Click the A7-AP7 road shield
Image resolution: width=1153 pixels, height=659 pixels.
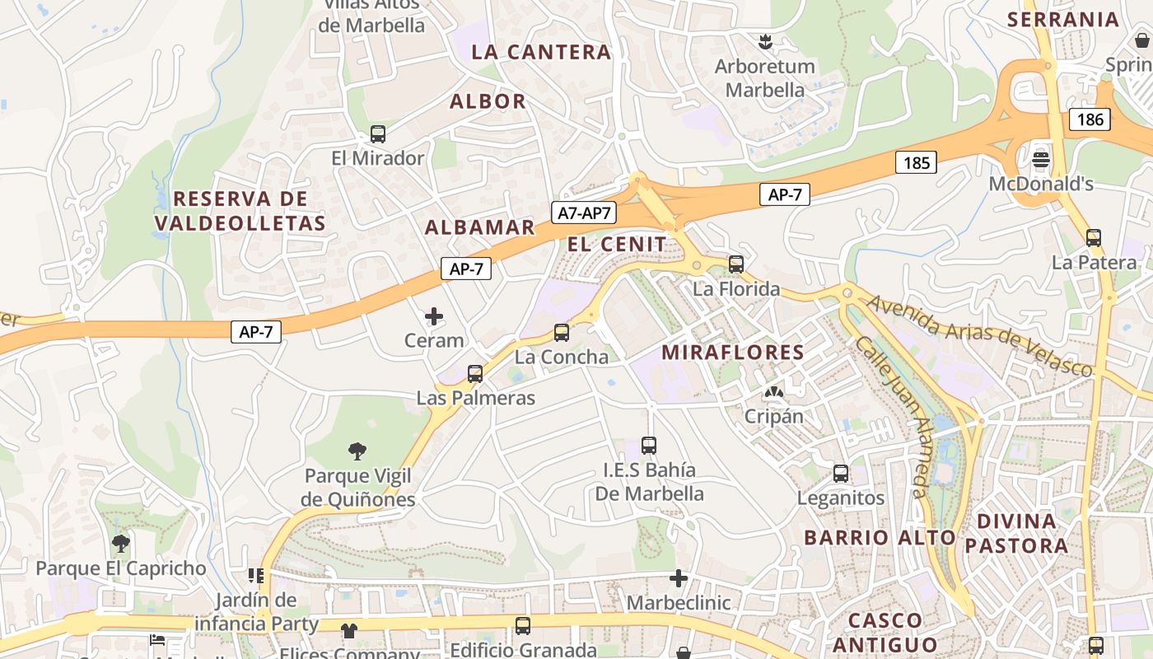coord(584,213)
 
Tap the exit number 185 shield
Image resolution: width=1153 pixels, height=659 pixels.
coord(916,162)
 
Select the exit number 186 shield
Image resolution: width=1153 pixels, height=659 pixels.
coord(1090,119)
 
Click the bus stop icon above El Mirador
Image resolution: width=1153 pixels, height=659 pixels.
coord(378,133)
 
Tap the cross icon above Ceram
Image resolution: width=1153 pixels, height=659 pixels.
coord(434,316)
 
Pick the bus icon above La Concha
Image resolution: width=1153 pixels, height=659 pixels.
coord(562,333)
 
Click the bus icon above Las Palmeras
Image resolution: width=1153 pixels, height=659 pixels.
coord(475,374)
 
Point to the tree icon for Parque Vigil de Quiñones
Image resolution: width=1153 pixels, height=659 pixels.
coord(357,451)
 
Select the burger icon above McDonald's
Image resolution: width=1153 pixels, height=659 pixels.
coord(1041,159)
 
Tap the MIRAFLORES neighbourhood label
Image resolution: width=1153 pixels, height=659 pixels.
coord(733,353)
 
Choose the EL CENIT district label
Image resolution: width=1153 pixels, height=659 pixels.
coord(617,244)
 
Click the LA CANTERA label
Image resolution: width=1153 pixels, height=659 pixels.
coord(541,52)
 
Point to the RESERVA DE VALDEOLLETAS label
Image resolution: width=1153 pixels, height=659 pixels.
coord(240,211)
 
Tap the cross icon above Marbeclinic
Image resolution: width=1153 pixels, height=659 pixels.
coord(679,578)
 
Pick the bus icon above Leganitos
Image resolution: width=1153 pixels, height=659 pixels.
coord(841,474)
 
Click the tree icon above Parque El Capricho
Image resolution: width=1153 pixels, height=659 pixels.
coord(121,544)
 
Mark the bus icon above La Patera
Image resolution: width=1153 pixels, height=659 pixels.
coord(1094,238)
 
